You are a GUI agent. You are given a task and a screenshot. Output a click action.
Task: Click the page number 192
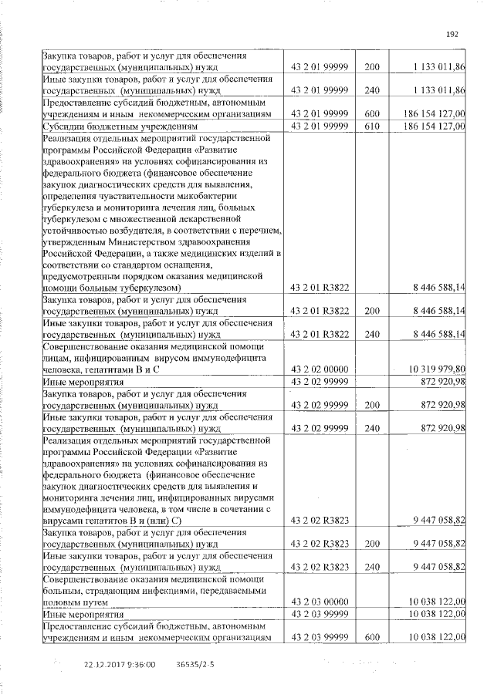click(x=453, y=33)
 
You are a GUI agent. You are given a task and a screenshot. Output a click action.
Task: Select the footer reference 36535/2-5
click(x=196, y=663)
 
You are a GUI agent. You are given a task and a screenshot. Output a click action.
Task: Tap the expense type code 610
click(x=372, y=126)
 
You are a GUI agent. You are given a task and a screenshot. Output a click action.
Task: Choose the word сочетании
click(x=247, y=510)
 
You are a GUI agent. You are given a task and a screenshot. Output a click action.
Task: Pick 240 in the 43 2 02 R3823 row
click(x=372, y=567)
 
